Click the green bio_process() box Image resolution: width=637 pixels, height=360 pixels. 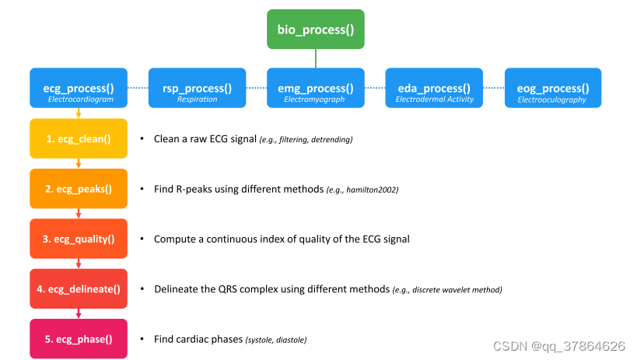point(315,30)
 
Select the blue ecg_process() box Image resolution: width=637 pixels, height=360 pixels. point(79,88)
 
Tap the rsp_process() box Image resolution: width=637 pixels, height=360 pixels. point(197,88)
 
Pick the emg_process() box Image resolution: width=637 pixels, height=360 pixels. point(315,88)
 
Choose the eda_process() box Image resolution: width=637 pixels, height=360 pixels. point(434,88)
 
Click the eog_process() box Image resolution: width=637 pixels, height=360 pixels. point(553,88)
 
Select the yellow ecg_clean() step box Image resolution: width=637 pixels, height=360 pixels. point(79,138)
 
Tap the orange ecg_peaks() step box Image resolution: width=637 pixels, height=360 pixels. point(79,188)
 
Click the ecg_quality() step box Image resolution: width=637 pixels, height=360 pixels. point(79,239)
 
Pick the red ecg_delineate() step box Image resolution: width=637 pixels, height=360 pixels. point(79,288)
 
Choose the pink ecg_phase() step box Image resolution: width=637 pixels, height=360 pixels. point(79,339)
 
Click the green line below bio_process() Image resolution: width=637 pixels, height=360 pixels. point(316,58)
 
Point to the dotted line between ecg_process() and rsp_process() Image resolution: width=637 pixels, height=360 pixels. point(138,88)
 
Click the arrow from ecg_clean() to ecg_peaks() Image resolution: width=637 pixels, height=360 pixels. point(79,163)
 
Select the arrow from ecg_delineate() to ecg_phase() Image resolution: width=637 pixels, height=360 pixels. point(79,313)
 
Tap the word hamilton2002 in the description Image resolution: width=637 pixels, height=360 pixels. point(371,190)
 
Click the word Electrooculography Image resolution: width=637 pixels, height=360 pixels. point(551,100)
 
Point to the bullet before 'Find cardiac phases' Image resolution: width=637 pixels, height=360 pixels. point(142,338)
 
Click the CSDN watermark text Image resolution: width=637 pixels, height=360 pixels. point(558,346)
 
